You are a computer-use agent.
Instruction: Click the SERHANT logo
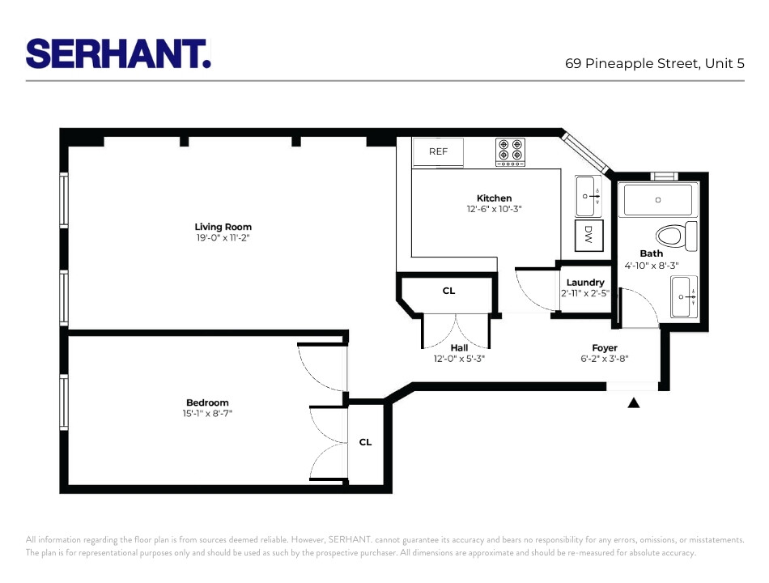point(118,53)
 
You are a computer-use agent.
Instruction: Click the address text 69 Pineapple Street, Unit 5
point(654,63)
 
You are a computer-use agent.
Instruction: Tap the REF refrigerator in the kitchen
point(438,151)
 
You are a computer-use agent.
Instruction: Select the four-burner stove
point(510,151)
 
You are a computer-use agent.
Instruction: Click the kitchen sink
point(589,196)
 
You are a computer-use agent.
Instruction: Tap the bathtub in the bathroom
point(657,199)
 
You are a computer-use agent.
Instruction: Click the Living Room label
point(223,227)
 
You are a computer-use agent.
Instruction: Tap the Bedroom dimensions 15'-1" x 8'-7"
point(207,414)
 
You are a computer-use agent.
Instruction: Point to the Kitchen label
point(494,198)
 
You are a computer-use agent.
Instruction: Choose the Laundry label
point(585,283)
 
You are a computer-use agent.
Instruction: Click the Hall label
point(459,347)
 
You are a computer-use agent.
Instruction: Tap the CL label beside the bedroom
point(366,442)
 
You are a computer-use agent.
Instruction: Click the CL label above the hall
point(448,290)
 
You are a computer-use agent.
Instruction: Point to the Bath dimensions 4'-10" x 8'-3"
point(651,265)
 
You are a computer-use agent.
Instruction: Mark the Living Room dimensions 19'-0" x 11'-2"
point(223,238)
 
